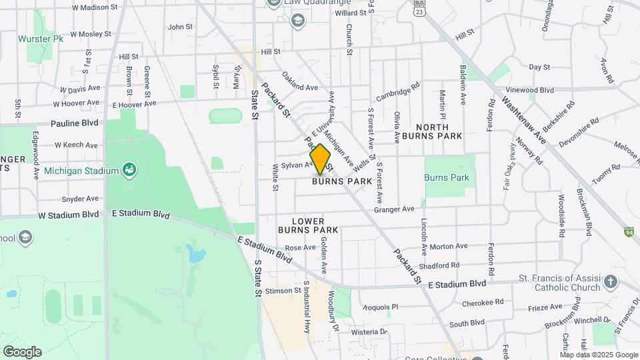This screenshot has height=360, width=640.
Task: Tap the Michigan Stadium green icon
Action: click(x=129, y=169)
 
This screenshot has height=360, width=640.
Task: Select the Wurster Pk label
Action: click(x=41, y=39)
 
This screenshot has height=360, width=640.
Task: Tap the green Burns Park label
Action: click(x=447, y=178)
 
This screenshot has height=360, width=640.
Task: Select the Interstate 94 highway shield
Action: click(x=629, y=232)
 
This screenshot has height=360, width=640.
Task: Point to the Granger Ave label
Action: click(x=394, y=209)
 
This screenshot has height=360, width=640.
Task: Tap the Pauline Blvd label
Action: click(x=75, y=123)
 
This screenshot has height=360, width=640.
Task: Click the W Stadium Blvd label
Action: click(x=68, y=215)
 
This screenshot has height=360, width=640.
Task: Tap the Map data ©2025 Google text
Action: click(x=599, y=355)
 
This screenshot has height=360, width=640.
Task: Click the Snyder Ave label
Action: click(x=80, y=199)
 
